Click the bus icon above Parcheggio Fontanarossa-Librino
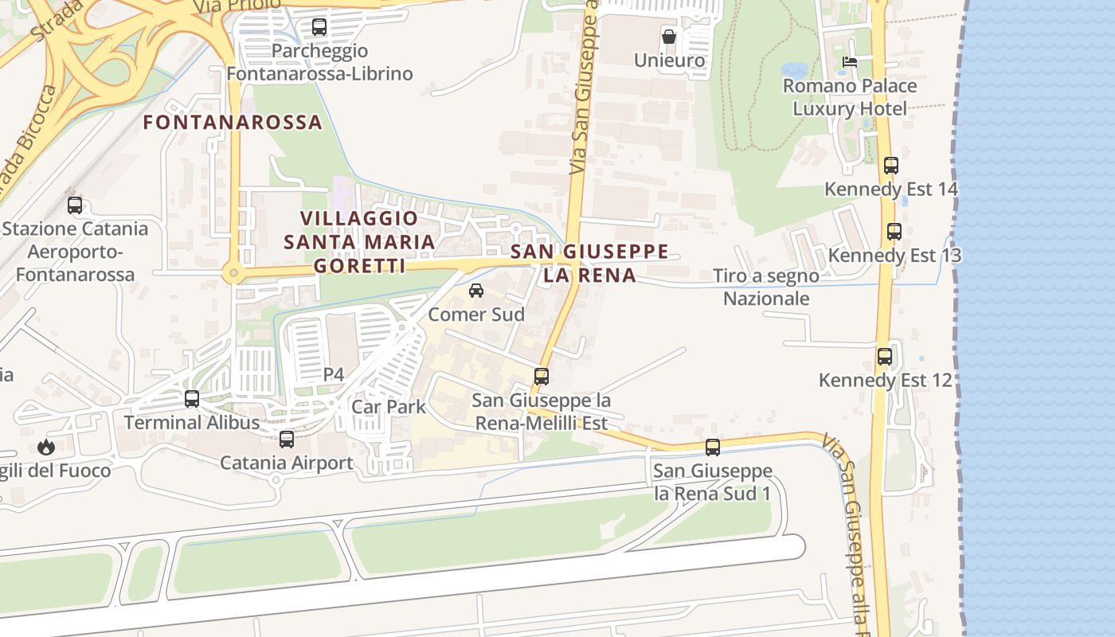[319, 27]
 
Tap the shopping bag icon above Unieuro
[669, 37]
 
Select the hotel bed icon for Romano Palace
[850, 62]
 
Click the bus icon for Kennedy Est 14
[891, 166]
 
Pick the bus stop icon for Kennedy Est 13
[894, 232]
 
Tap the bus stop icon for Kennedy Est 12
[885, 357]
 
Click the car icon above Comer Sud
[476, 291]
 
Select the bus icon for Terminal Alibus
[192, 399]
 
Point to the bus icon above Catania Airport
[287, 439]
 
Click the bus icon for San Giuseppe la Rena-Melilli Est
[542, 377]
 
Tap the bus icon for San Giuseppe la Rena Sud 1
[713, 447]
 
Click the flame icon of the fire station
[46, 447]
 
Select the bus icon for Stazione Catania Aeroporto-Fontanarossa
[75, 205]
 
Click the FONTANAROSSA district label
[233, 123]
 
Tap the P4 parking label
[334, 374]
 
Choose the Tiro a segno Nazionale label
[765, 287]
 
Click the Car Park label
[389, 407]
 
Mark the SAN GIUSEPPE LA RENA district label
[589, 264]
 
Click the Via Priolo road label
[237, 6]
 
